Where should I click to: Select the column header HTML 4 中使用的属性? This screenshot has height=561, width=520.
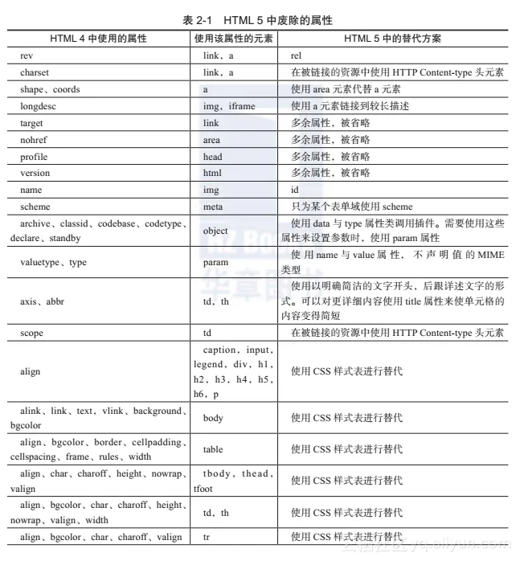94,38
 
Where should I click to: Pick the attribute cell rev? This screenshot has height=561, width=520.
28,55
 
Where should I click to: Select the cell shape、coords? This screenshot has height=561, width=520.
50,89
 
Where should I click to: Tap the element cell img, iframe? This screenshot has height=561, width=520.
229,106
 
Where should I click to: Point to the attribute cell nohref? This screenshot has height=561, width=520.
34,140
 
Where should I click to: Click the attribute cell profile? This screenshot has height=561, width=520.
34,157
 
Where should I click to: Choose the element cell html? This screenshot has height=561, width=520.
212,173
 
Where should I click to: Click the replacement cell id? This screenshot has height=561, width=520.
295,190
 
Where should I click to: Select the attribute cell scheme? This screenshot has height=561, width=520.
35,207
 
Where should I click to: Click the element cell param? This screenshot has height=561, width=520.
215,262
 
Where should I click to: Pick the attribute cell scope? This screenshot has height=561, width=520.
32,333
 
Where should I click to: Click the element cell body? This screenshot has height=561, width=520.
213,418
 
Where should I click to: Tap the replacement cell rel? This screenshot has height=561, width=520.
296,55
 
